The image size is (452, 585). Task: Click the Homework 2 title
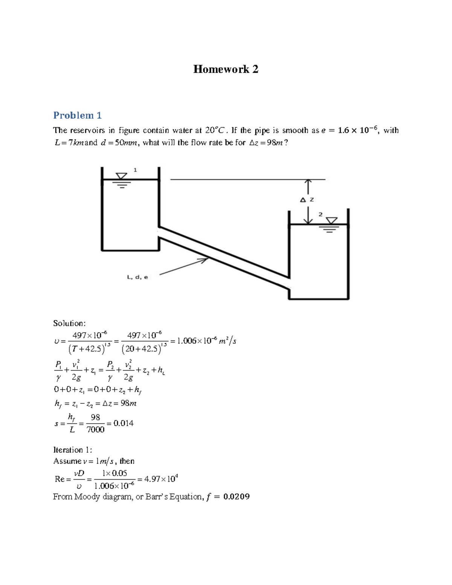point(226,69)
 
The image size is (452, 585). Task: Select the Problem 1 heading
point(77,115)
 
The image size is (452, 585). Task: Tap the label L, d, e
point(137,277)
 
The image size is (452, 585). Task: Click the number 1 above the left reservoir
point(135,170)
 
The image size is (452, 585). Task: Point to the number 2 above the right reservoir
point(321,214)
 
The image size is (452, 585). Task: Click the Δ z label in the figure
point(307,200)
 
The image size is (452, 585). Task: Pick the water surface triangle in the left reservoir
point(121,176)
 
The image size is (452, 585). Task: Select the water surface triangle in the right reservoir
point(331,221)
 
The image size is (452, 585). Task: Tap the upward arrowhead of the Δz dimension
point(308,182)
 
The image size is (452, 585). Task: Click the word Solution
point(69,323)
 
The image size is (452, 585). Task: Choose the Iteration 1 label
point(72,450)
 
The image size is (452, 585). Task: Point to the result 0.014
point(123,423)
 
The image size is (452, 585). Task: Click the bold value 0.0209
point(237,496)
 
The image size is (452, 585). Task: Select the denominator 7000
point(95,430)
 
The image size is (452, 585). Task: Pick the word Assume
point(67,461)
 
